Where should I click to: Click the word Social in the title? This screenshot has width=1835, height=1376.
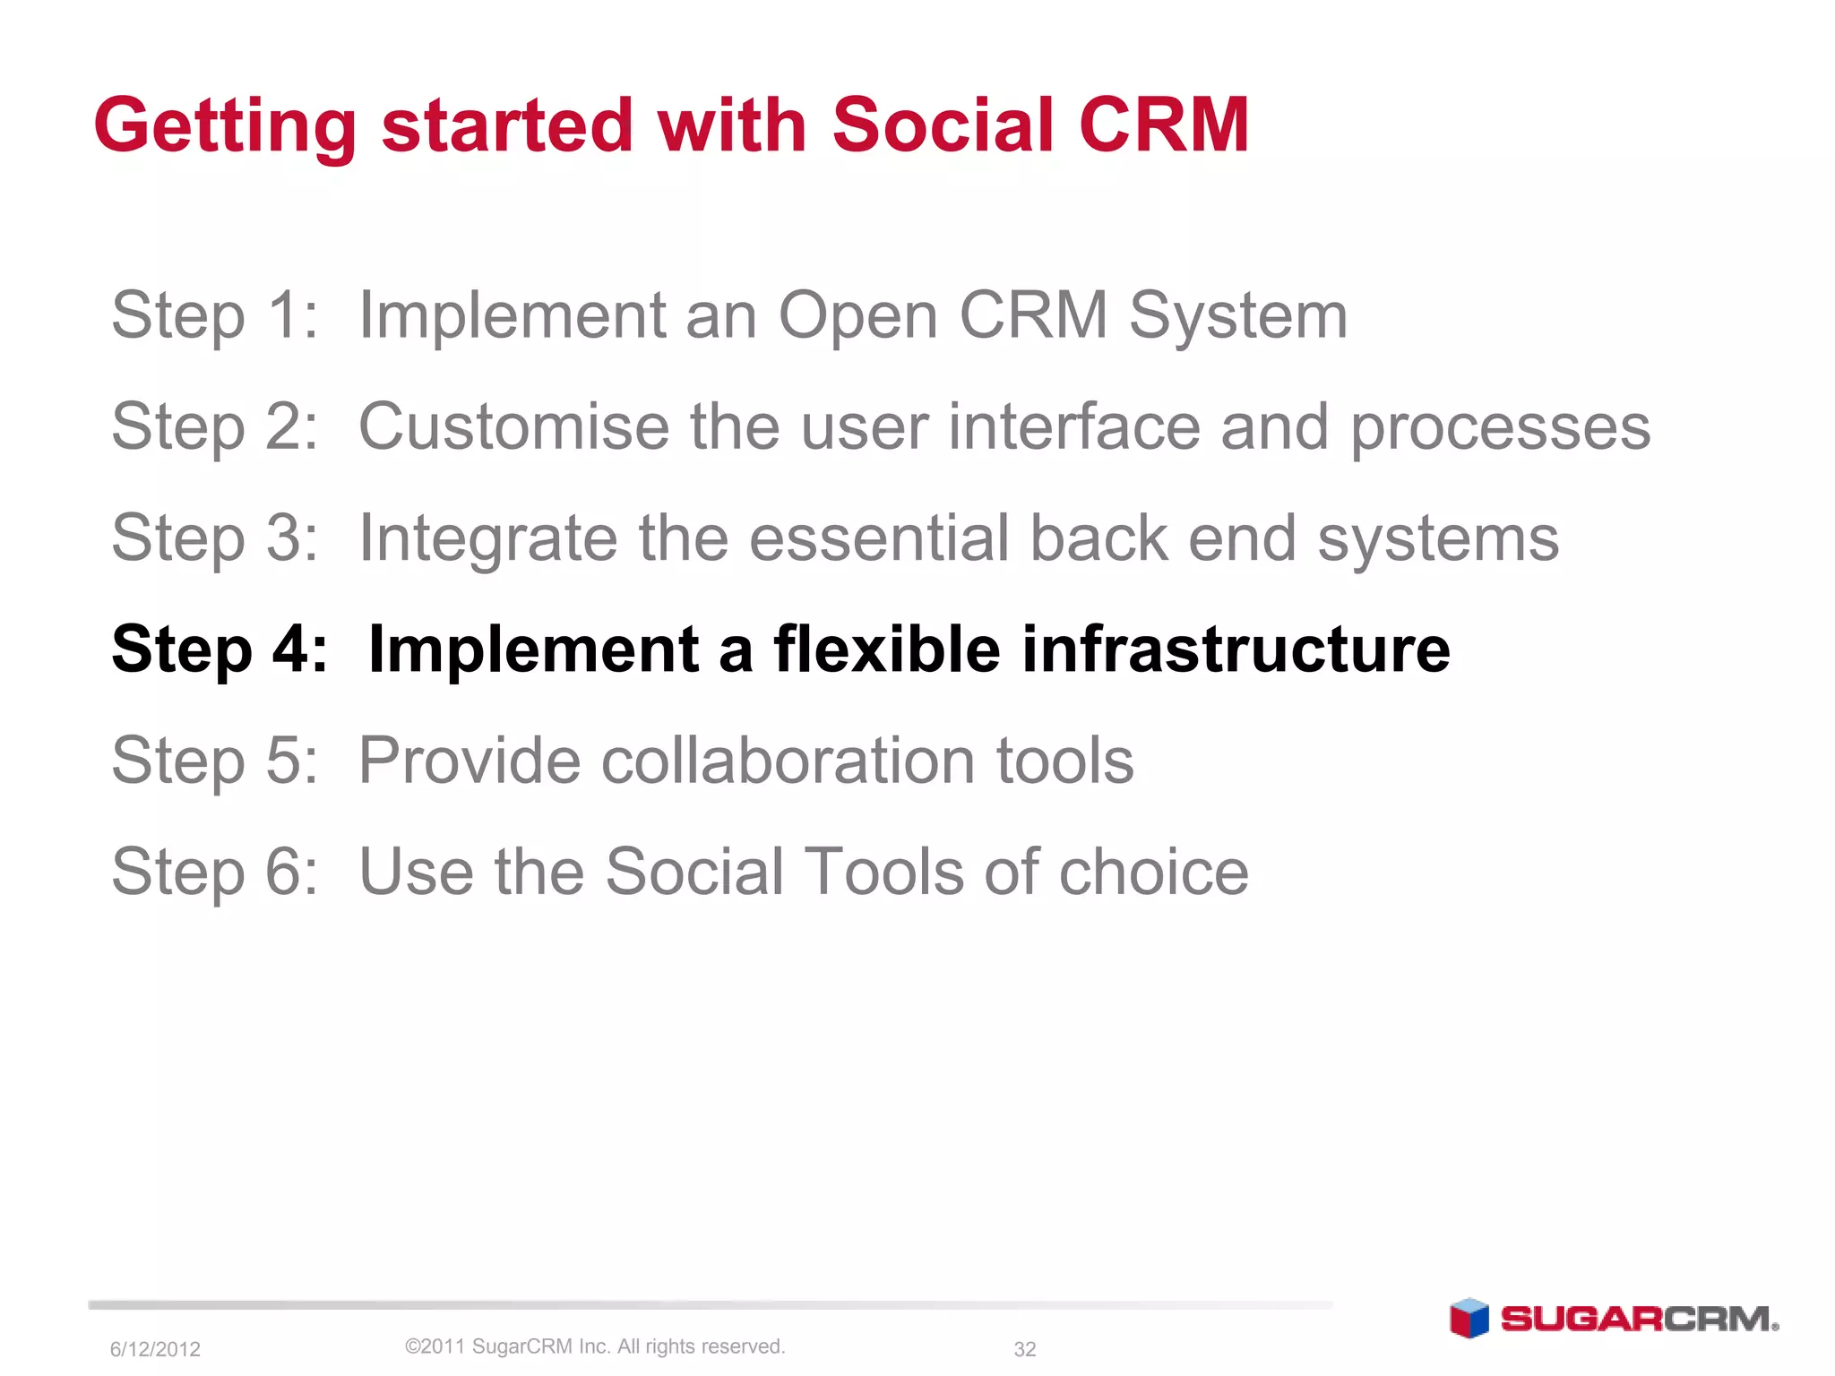coord(943,125)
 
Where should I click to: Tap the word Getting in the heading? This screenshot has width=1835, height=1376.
coord(225,127)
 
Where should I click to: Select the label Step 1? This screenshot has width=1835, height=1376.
coord(214,315)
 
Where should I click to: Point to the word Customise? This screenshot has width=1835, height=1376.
coord(513,426)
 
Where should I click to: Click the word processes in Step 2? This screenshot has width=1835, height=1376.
coord(1500,428)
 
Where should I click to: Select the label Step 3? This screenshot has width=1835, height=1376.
coord(214,538)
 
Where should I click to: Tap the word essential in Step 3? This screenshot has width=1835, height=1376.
coord(879,538)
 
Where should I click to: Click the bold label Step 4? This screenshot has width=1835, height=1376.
coord(219,649)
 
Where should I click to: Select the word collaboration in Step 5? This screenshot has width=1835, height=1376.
coord(788,761)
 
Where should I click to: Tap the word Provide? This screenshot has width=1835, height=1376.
coord(469,761)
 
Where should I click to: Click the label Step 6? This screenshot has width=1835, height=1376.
coord(214,872)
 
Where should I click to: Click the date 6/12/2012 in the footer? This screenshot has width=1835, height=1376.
coord(155,1349)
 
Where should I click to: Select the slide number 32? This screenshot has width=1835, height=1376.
coord(1024,1349)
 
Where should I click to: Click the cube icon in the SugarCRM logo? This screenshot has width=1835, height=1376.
coord(1469,1319)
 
